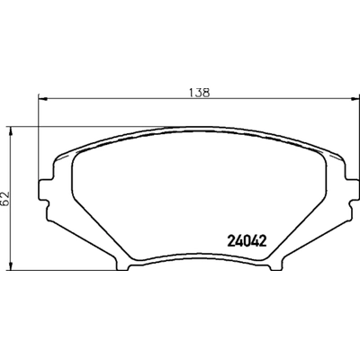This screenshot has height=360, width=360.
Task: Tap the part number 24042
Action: tap(246, 240)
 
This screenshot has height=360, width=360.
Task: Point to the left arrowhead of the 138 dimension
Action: tap(40, 99)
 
